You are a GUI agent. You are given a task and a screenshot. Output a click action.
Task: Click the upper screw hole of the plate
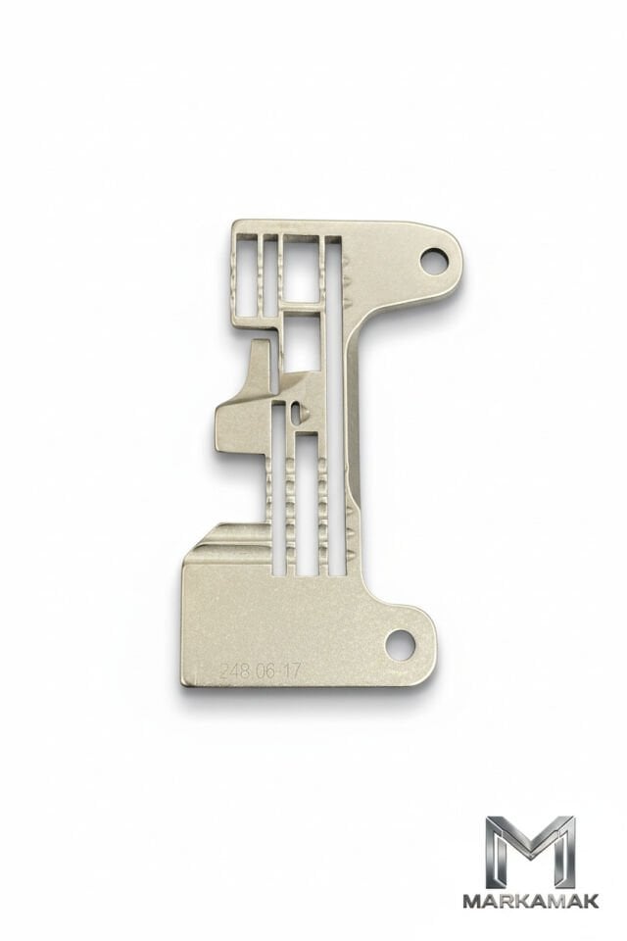coord(432,262)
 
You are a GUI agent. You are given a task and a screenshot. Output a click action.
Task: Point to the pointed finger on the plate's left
coord(260,366)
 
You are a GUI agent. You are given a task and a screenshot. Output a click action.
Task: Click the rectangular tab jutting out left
coord(236,424)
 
